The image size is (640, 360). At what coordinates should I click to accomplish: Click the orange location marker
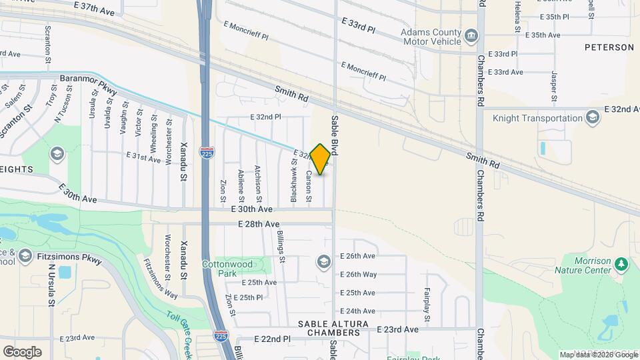click(x=320, y=159)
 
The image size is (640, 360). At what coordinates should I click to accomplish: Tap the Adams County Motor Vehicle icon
click(x=471, y=35)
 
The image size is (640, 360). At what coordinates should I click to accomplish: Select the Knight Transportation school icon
click(x=591, y=118)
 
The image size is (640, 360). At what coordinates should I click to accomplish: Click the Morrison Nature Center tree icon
click(x=621, y=264)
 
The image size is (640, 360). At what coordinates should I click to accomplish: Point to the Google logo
click(x=22, y=351)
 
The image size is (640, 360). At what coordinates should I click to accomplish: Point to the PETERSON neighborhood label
click(x=609, y=47)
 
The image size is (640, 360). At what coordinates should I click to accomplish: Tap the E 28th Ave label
click(x=258, y=225)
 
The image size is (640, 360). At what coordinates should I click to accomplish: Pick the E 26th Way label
click(x=358, y=274)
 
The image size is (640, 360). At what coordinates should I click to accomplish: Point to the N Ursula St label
click(x=51, y=283)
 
